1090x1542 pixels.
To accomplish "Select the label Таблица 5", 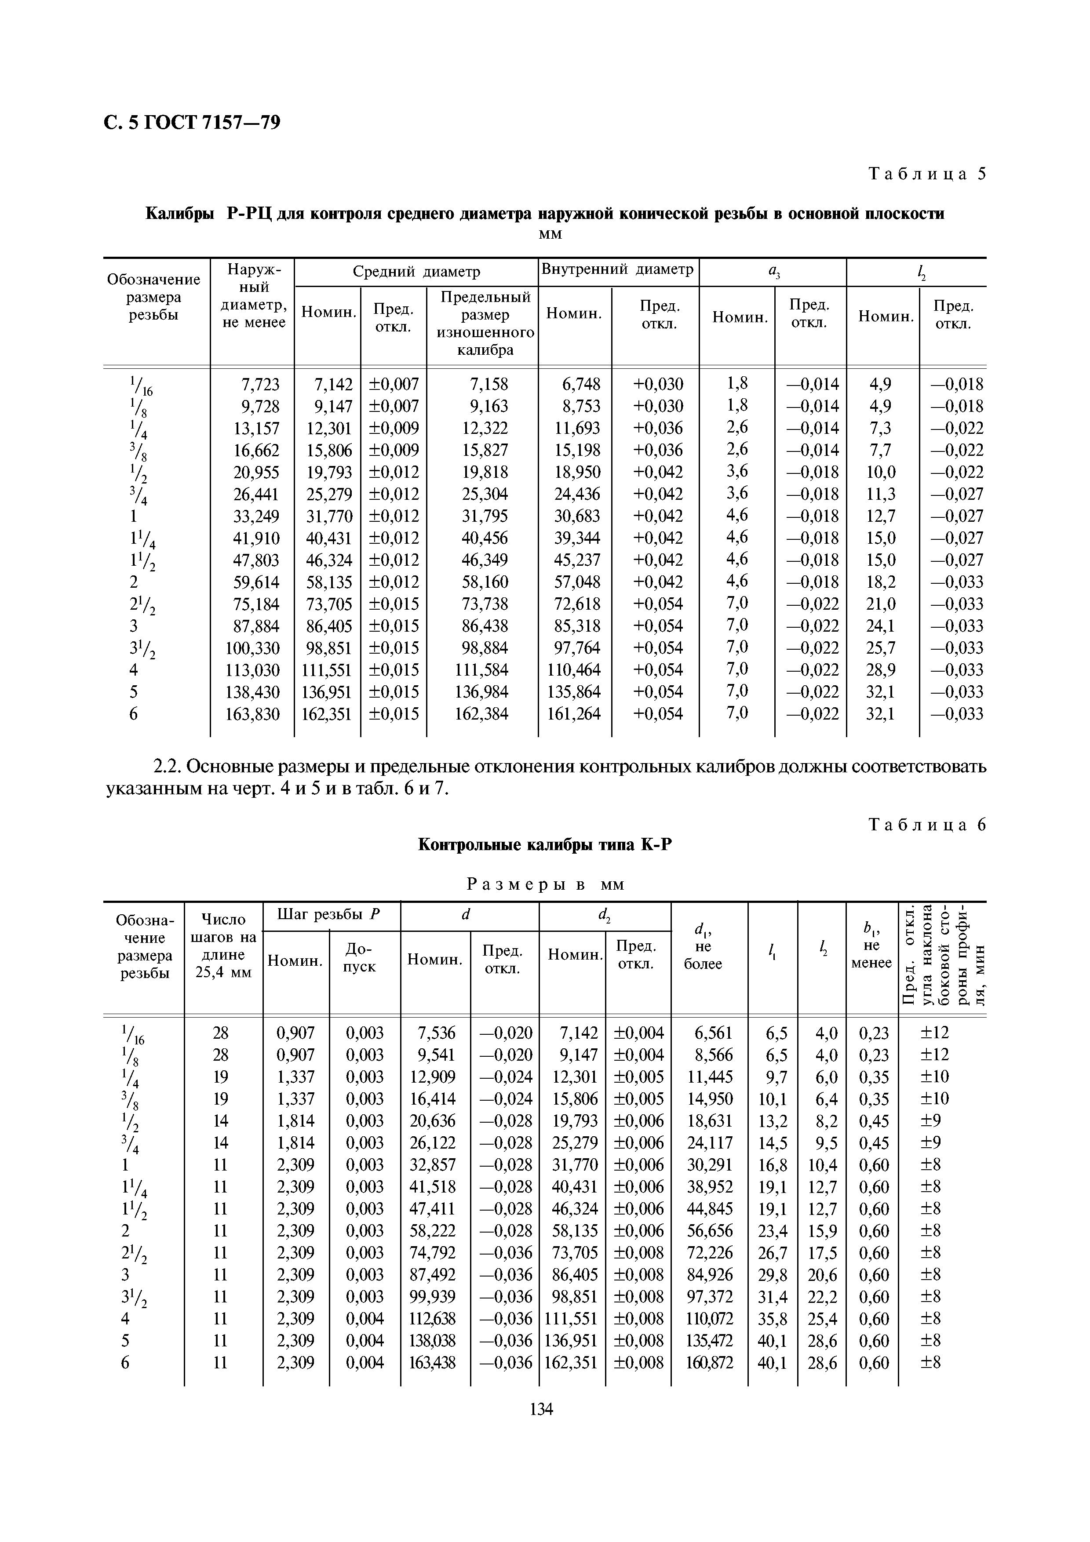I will (x=927, y=174).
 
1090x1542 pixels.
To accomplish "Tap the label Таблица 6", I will (x=927, y=825).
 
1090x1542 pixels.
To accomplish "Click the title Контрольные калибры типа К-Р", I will (x=545, y=844).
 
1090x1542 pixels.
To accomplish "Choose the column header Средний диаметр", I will (x=416, y=272).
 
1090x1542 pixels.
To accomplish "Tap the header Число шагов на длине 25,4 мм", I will (x=224, y=954).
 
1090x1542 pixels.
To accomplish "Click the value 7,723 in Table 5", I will (x=259, y=385).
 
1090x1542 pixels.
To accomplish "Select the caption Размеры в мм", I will (x=545, y=884).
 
